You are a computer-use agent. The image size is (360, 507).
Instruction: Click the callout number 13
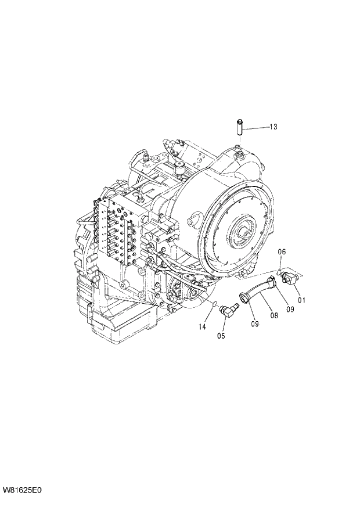pyautogui.click(x=273, y=127)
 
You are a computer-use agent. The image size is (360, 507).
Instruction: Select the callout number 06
pyautogui.click(x=282, y=251)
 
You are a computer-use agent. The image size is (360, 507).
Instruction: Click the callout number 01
pyautogui.click(x=301, y=300)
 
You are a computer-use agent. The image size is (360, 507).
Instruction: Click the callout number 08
pyautogui.click(x=273, y=315)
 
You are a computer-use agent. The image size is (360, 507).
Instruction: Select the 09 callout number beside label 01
pyautogui.click(x=289, y=309)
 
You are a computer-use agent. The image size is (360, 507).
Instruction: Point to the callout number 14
pyautogui.click(x=201, y=327)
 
